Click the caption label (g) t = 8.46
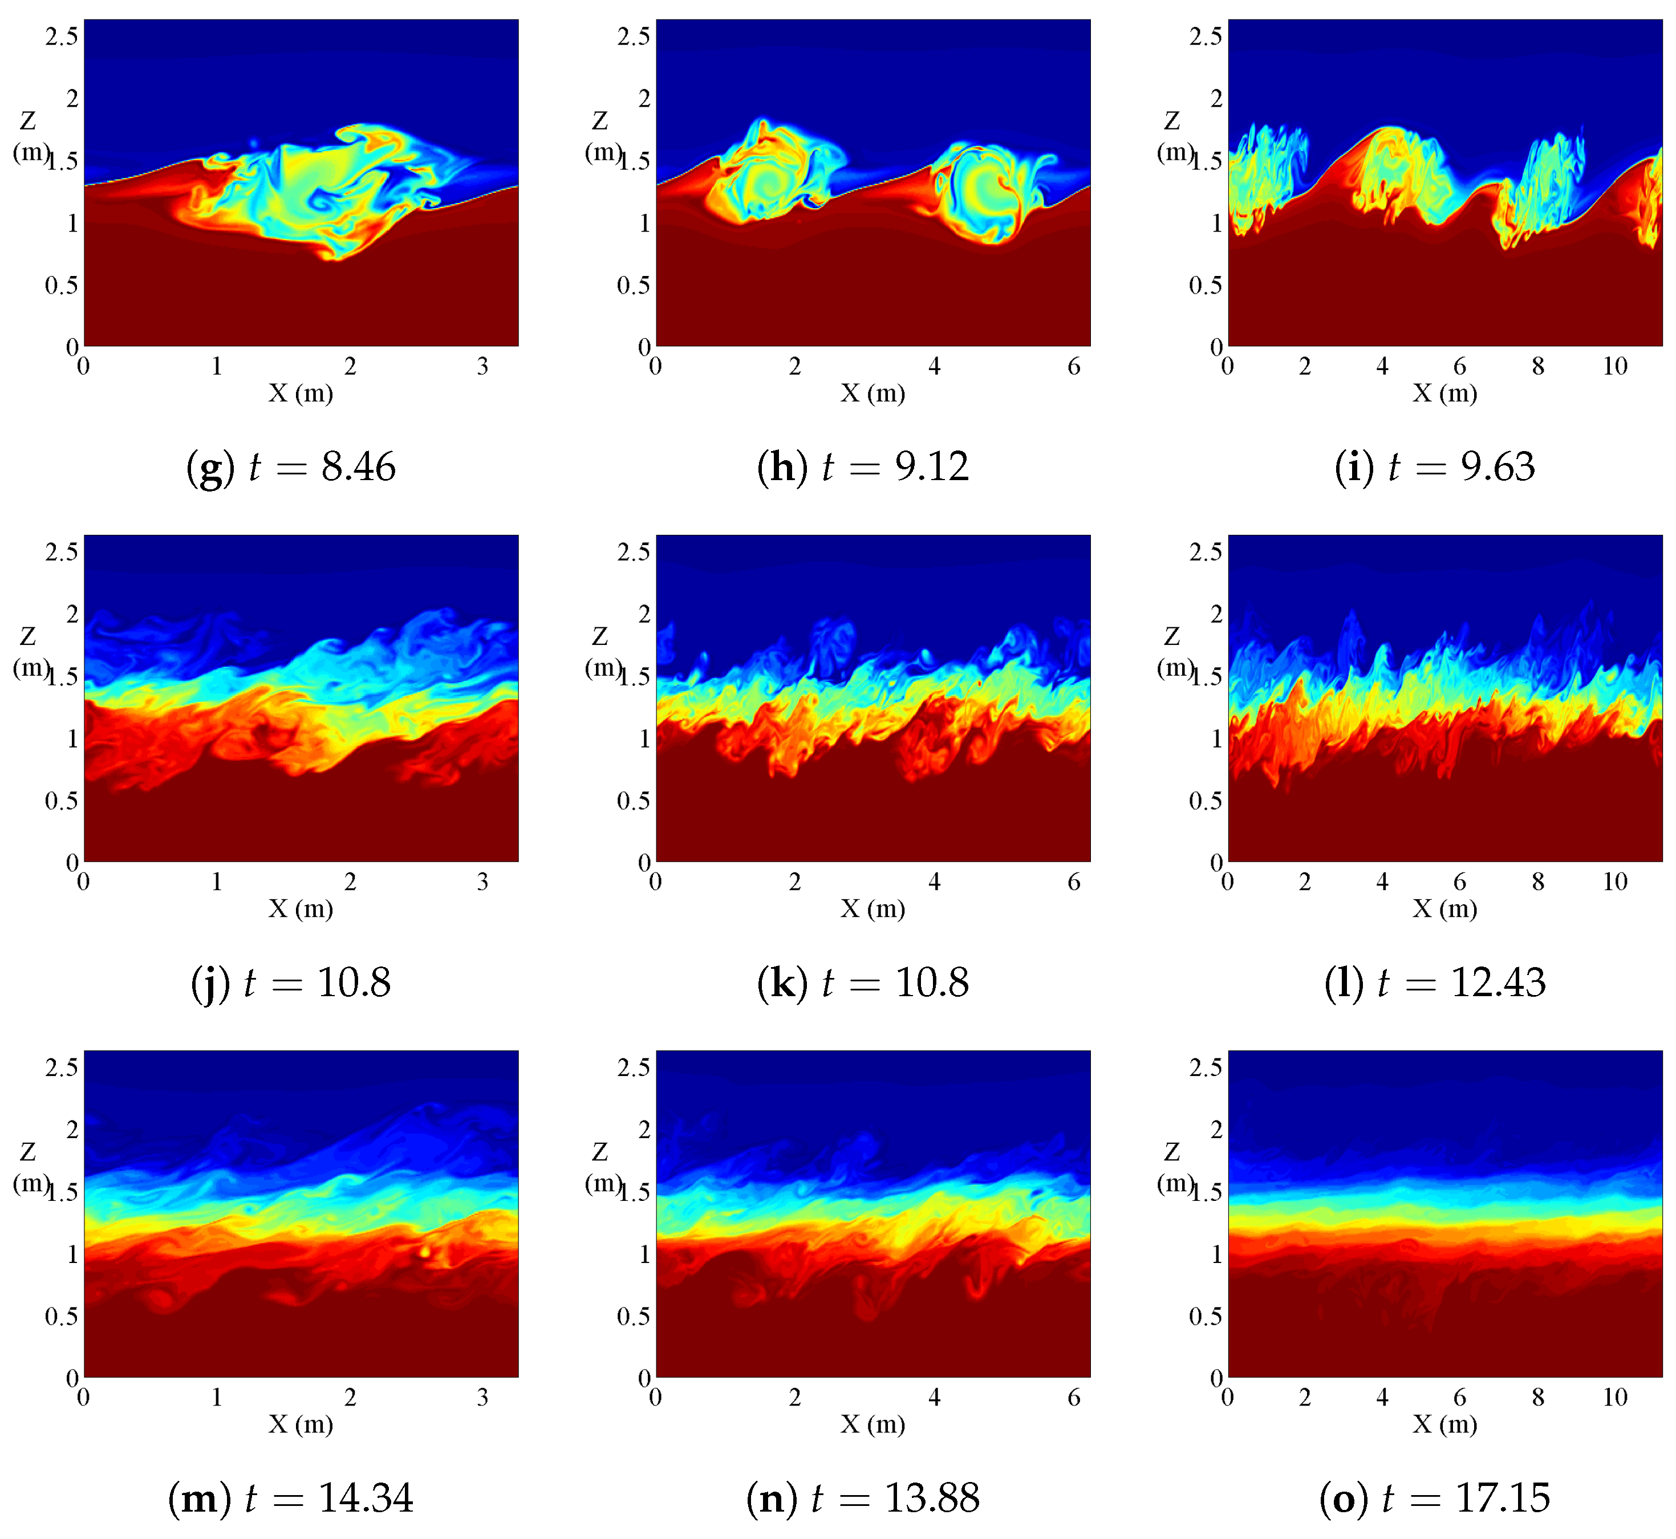tap(291, 467)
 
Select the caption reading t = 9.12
tap(863, 467)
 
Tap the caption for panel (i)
tap(1434, 467)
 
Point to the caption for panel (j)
tap(291, 982)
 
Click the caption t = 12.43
tap(1434, 982)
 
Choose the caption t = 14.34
tap(291, 1498)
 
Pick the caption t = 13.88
tap(863, 1498)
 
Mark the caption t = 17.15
tap(1434, 1498)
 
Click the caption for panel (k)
tap(863, 982)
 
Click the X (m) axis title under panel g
tap(301, 393)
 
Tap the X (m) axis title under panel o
tap(1444, 1424)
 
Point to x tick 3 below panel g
tap(483, 367)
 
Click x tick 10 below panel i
tap(1615, 367)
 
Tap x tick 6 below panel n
tap(1074, 1398)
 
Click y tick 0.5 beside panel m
tap(62, 1316)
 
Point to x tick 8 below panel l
tap(1538, 882)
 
